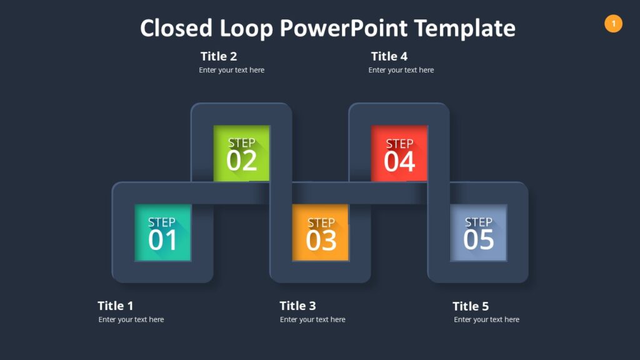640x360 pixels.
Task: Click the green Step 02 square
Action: (242, 153)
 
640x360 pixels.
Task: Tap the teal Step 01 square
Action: (162, 232)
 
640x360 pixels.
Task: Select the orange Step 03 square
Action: (321, 232)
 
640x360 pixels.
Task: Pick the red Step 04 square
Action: (399, 153)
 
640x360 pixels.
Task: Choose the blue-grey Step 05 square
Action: (479, 232)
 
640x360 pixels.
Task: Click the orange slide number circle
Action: (613, 24)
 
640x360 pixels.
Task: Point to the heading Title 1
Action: (116, 306)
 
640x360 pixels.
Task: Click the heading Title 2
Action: (219, 56)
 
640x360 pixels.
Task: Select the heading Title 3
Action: (297, 306)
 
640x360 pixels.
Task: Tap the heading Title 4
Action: (389, 56)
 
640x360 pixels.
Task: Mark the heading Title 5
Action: (471, 306)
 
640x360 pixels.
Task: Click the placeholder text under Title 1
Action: (131, 319)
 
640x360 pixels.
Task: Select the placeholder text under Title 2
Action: (232, 70)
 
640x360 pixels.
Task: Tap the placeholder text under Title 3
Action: (312, 319)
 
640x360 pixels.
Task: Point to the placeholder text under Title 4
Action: (401, 70)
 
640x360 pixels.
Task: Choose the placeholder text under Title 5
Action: (487, 319)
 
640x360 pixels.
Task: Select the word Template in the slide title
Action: (465, 28)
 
